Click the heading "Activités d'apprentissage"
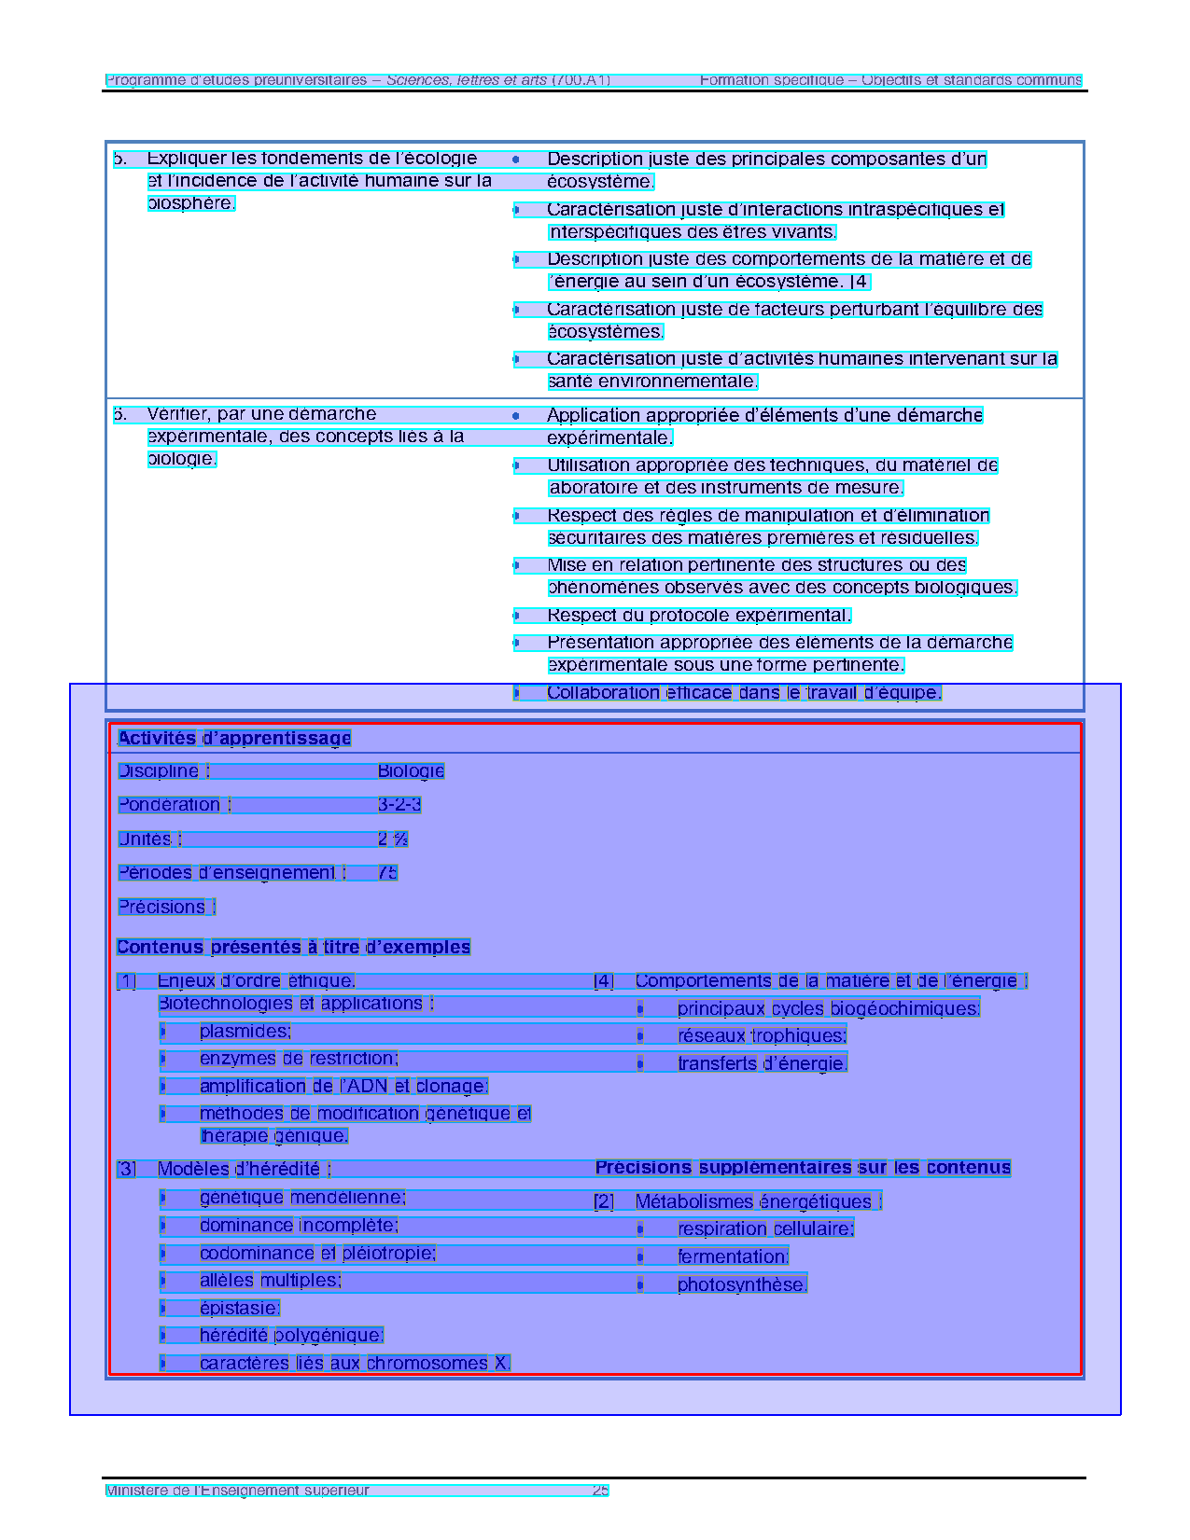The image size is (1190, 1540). click(234, 738)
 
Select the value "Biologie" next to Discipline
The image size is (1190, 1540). click(411, 770)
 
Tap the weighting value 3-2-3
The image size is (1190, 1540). click(399, 804)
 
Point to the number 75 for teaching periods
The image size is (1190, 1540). click(387, 872)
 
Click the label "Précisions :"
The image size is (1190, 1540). click(166, 907)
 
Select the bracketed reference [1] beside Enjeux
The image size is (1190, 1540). click(126, 980)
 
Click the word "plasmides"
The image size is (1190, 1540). click(245, 1031)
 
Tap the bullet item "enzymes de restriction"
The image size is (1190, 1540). click(299, 1058)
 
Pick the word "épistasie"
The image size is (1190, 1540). click(239, 1308)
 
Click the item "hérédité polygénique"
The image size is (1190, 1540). click(291, 1335)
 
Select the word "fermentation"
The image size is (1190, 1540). click(733, 1256)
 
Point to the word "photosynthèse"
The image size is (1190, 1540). click(742, 1284)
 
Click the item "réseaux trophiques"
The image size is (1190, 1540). click(762, 1035)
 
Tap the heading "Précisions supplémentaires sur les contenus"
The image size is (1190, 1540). click(803, 1167)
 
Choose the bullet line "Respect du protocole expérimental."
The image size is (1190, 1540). click(699, 615)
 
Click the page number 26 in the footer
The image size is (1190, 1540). click(600, 1490)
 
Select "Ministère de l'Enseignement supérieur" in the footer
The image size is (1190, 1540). click(237, 1490)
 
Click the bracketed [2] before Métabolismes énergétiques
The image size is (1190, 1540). click(604, 1201)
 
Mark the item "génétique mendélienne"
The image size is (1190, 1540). click(302, 1198)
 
